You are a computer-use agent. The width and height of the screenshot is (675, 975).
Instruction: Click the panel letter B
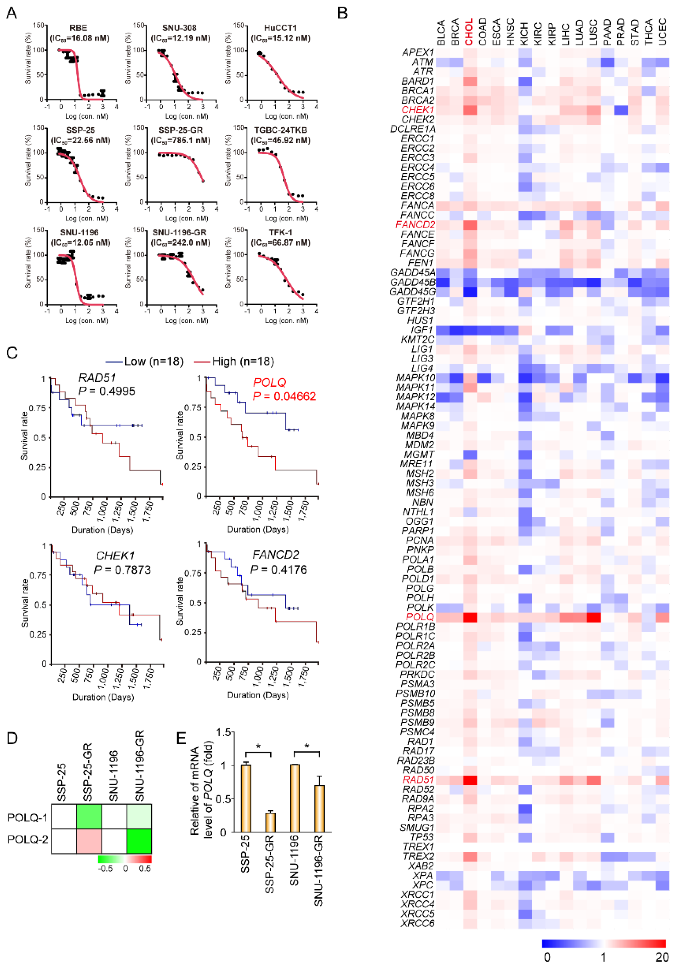342,13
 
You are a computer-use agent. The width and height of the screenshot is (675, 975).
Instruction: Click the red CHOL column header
469,32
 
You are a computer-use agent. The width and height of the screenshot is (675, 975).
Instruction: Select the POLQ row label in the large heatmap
420,617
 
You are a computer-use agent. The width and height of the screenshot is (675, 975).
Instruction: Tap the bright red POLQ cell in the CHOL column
470,617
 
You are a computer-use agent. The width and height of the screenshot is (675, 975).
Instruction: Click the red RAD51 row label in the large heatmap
418,780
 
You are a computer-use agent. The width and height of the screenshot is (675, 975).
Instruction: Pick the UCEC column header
663,32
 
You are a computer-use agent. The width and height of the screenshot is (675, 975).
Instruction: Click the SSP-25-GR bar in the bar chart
270,822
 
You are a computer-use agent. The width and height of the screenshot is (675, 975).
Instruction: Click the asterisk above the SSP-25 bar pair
258,746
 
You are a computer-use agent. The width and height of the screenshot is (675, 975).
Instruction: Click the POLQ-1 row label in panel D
27,818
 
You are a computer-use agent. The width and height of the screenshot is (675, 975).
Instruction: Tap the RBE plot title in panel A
78,28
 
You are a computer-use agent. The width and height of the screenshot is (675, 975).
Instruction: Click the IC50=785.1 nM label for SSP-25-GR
181,140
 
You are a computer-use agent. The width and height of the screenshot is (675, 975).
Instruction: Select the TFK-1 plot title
280,232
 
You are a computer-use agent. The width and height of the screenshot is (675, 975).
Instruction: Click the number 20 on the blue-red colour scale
662,957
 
